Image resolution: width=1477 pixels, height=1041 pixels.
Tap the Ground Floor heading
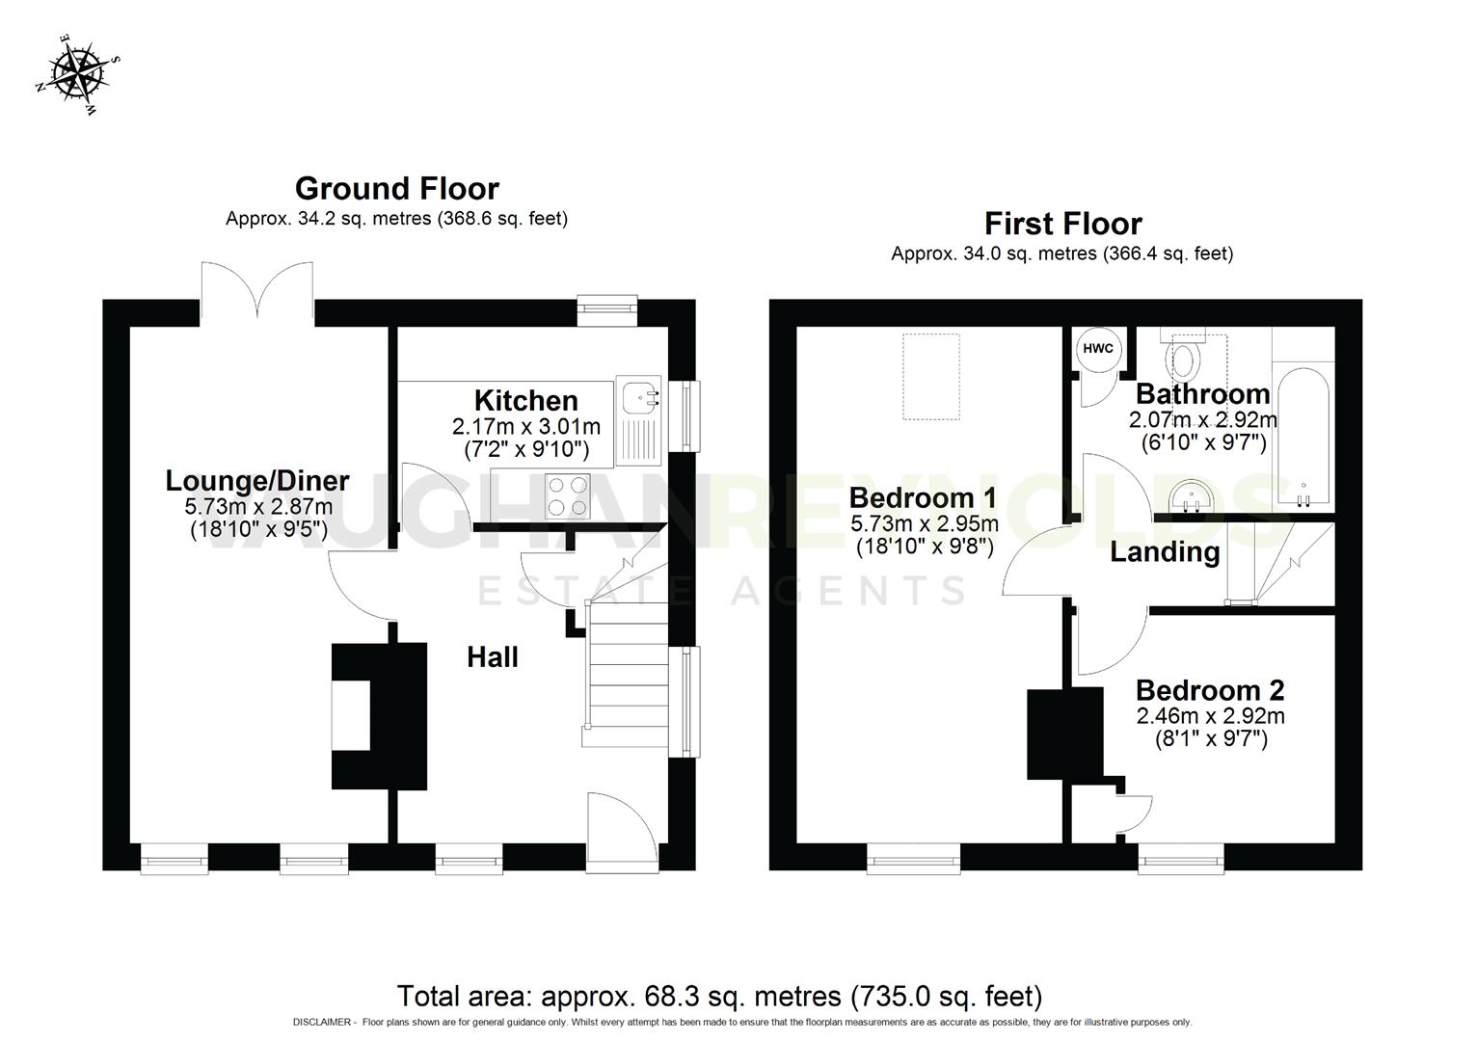pyautogui.click(x=396, y=188)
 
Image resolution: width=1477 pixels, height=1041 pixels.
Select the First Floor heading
pyautogui.click(x=1062, y=224)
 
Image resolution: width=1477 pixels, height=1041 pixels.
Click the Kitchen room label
pyautogui.click(x=525, y=400)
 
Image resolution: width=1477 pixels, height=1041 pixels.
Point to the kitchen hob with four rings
pyautogui.click(x=566, y=495)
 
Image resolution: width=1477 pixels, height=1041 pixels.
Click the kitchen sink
pyautogui.click(x=639, y=396)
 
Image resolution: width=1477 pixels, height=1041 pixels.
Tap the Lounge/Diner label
pyautogui.click(x=257, y=480)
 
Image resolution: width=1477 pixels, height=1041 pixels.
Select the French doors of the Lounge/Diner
pyautogui.click(x=257, y=289)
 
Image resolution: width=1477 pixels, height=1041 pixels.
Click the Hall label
pyautogui.click(x=493, y=657)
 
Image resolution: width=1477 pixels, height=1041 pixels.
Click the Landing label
pyautogui.click(x=1165, y=552)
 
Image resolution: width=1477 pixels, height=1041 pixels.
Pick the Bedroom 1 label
pyautogui.click(x=923, y=498)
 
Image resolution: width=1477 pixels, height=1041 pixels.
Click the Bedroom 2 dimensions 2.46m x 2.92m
pyautogui.click(x=1210, y=716)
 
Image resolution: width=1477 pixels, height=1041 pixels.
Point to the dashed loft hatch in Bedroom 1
pyautogui.click(x=931, y=376)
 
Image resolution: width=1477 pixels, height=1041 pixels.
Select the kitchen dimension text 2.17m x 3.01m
pyautogui.click(x=525, y=426)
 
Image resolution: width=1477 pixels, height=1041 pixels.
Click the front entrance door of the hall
pyautogui.click(x=622, y=831)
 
